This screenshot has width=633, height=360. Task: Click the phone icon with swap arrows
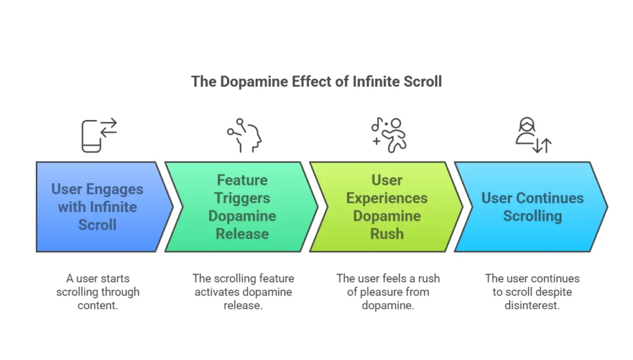pos(99,135)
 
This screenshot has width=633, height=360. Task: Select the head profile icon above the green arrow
pos(244,135)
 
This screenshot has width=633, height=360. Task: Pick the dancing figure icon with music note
pos(389,135)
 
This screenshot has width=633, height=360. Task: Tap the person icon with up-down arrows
pos(533,135)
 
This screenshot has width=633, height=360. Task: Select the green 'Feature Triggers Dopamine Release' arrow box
pos(242,207)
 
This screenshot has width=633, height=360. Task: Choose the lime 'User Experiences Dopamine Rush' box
pos(386,207)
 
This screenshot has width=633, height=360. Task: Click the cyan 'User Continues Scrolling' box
pos(531,207)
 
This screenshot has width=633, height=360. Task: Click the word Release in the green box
pos(242,234)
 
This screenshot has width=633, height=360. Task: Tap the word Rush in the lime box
pos(387,234)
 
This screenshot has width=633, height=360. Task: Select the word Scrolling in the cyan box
pos(532,216)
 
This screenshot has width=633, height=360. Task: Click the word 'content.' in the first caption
pos(98,306)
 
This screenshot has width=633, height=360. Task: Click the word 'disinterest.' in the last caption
pos(532,306)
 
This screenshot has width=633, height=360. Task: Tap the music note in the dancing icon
pos(376,124)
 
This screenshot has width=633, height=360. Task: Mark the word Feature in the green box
pos(242,180)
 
